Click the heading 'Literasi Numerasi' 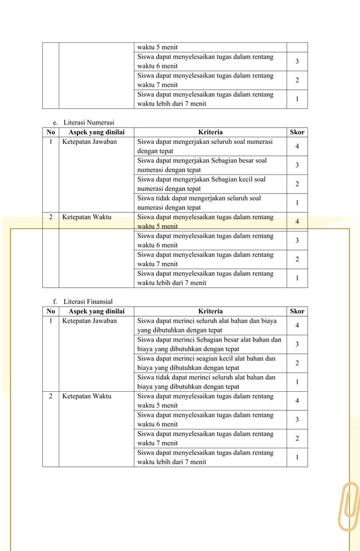click(89, 123)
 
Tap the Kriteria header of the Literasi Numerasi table click(210, 132)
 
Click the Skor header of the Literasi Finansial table click(297, 311)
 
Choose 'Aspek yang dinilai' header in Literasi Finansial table click(96, 311)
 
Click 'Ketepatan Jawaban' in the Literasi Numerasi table click(89, 142)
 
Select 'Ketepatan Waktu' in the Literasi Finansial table click(86, 396)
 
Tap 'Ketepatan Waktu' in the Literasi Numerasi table click(86, 217)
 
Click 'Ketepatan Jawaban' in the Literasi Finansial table click(89, 321)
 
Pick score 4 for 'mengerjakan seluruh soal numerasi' click(297, 147)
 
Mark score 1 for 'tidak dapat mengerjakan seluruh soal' click(297, 203)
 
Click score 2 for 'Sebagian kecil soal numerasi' click(297, 184)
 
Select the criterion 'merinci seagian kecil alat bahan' click(207, 363)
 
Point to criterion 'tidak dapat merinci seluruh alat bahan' click(207, 382)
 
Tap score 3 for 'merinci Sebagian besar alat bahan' click(297, 344)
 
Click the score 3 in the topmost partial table click(297, 62)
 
